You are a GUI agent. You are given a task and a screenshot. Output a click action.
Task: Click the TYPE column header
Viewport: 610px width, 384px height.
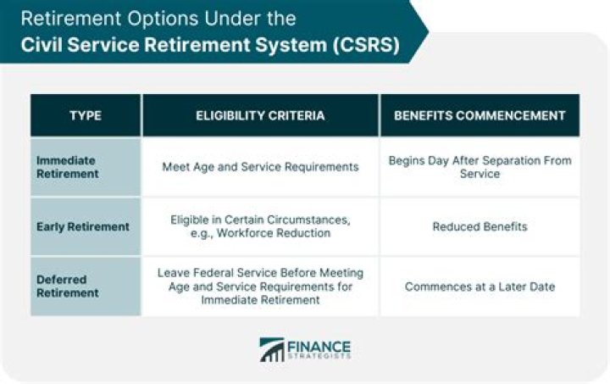[x=86, y=115]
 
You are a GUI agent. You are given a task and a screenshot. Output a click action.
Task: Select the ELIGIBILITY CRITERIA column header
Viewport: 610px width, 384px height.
[x=260, y=115]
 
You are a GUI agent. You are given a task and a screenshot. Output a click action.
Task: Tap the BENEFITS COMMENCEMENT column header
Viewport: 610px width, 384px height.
[x=480, y=115]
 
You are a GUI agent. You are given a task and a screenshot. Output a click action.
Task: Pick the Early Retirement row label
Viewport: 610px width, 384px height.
[x=83, y=226]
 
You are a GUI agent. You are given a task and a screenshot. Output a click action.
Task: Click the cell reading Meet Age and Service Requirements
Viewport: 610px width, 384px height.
[x=260, y=167]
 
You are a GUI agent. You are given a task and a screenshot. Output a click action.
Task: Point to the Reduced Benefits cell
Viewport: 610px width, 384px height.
[x=480, y=226]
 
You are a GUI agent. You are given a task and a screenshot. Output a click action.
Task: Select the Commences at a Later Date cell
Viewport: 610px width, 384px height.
[x=480, y=287]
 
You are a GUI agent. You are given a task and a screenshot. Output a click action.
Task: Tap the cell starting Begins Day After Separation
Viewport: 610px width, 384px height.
[x=480, y=167]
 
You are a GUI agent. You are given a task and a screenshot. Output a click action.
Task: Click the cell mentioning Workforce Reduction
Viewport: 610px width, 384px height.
[x=260, y=226]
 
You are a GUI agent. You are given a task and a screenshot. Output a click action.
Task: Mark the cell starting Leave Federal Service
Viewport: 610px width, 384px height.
[x=260, y=287]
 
